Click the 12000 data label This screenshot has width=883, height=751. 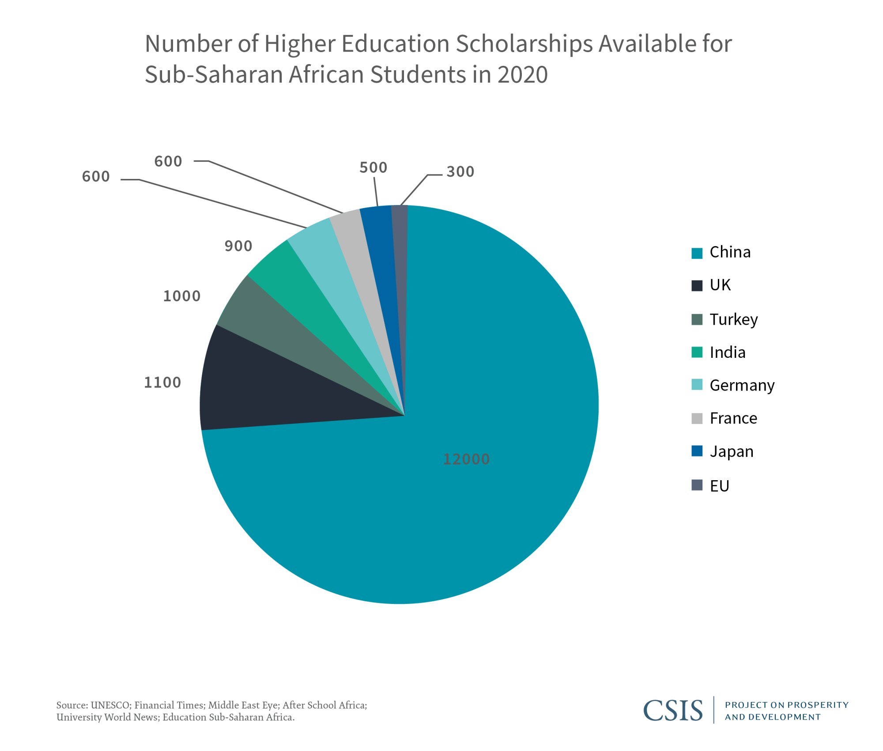pyautogui.click(x=466, y=459)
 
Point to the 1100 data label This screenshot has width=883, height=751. pyautogui.click(x=162, y=382)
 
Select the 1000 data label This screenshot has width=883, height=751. pyautogui.click(x=182, y=296)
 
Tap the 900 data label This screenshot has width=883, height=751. pyautogui.click(x=238, y=246)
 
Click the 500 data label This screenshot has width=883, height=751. pyautogui.click(x=373, y=167)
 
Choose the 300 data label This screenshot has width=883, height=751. pyautogui.click(x=460, y=171)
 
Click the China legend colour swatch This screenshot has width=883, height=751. pyautogui.click(x=697, y=253)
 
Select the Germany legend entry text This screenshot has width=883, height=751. pyautogui.click(x=742, y=385)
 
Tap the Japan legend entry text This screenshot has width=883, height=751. pyautogui.click(x=731, y=451)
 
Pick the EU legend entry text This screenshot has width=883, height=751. pyautogui.click(x=719, y=486)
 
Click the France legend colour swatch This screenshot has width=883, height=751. pyautogui.click(x=697, y=418)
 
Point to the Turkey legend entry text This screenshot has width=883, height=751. pyautogui.click(x=733, y=319)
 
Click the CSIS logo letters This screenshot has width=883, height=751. pyautogui.click(x=672, y=710)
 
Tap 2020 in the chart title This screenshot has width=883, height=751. pyautogui.click(x=523, y=74)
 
